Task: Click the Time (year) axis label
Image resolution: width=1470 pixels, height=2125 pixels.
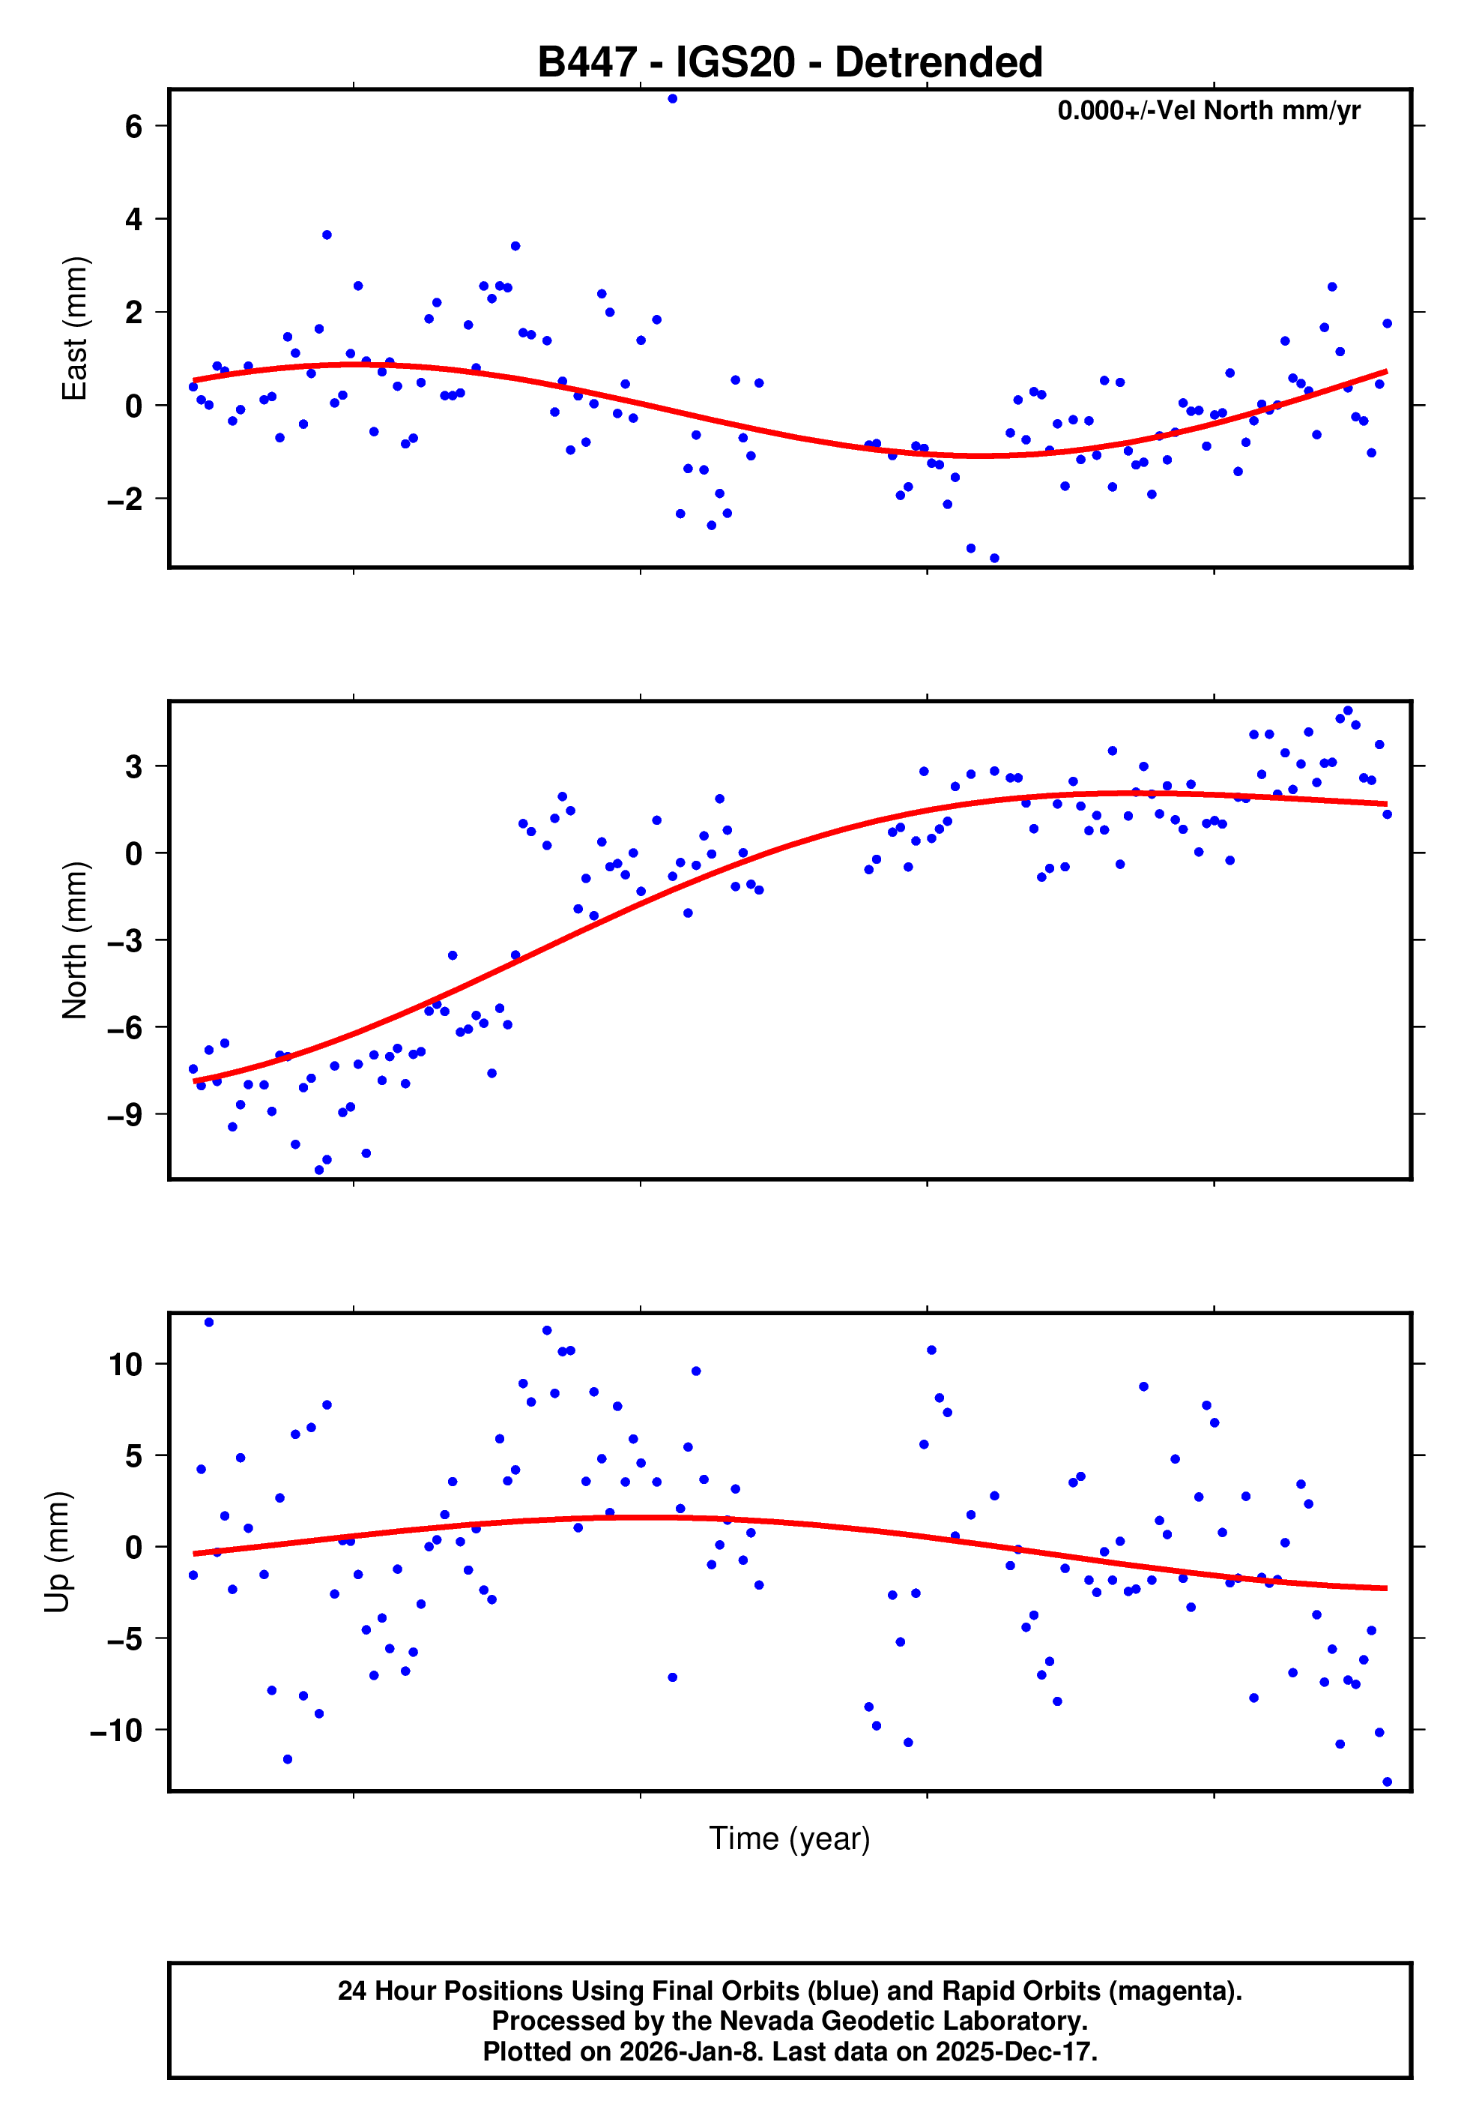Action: click(790, 1839)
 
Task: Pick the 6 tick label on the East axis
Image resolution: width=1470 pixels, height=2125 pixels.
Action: click(133, 126)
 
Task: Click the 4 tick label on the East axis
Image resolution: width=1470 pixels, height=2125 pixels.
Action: click(133, 219)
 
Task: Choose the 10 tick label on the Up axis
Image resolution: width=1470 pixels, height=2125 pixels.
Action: click(125, 1364)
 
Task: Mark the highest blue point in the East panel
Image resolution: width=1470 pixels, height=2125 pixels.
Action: click(672, 98)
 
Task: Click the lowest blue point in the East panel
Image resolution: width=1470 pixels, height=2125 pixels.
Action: click(993, 559)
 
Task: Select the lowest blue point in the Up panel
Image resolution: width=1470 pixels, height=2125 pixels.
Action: click(1387, 1782)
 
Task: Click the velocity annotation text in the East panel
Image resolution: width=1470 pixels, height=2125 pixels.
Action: click(1209, 110)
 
